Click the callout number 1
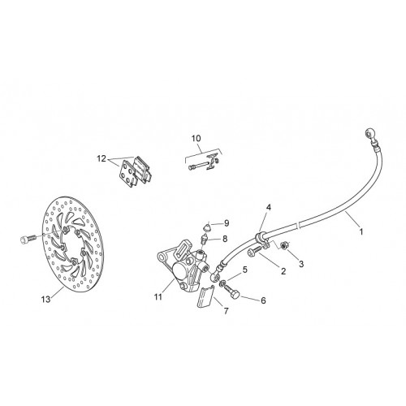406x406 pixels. (361, 231)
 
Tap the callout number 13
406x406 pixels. (46, 300)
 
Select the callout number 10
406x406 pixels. (197, 138)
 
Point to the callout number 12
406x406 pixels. (101, 158)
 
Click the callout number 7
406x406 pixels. (226, 311)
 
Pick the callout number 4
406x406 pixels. (268, 208)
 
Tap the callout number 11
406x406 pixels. (158, 297)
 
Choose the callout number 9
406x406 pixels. (227, 223)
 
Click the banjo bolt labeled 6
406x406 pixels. (231, 292)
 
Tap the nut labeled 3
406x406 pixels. (284, 245)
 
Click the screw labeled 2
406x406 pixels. (254, 251)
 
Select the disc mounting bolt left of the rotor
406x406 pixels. (28, 239)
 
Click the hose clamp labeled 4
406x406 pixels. (262, 240)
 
